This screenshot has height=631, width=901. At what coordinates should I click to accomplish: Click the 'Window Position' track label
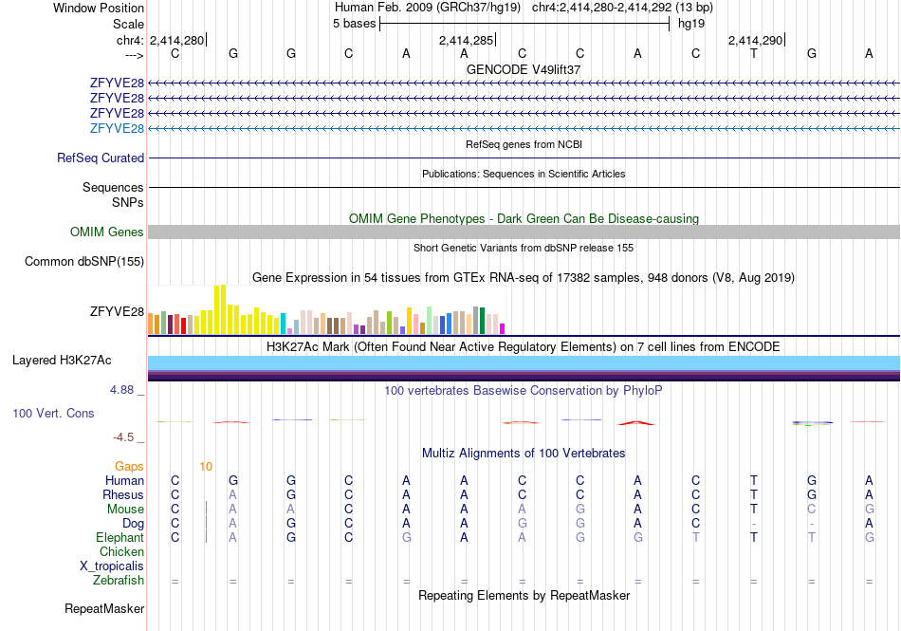click(99, 8)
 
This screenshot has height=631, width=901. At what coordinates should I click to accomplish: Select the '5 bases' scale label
click(354, 24)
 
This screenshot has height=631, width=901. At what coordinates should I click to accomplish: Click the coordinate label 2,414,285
click(466, 40)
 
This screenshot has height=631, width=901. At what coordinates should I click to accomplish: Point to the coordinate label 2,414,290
click(755, 40)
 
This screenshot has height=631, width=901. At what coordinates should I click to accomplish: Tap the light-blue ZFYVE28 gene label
click(117, 128)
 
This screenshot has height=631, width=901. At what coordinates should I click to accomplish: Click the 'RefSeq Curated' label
click(101, 158)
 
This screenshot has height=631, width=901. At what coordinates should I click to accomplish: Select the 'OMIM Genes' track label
click(107, 232)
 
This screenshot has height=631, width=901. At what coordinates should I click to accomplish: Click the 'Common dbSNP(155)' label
click(84, 262)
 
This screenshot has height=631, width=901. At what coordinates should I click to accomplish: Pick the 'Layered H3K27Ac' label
click(62, 361)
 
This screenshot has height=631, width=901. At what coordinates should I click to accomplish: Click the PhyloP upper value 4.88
click(121, 390)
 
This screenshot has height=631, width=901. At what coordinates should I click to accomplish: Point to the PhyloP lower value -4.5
click(123, 437)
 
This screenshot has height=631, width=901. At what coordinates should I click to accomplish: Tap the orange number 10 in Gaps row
click(207, 467)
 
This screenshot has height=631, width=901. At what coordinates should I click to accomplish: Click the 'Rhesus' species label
click(123, 494)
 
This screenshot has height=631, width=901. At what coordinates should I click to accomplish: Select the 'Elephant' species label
click(120, 537)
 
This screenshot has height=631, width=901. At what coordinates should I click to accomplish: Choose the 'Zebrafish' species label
click(119, 581)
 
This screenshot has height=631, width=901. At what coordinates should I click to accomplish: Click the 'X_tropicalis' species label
click(112, 566)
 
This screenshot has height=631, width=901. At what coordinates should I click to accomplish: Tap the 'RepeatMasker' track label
click(104, 608)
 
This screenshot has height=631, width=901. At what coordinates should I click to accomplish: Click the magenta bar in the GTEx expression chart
click(503, 329)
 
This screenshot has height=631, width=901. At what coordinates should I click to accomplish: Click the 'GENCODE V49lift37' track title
click(524, 69)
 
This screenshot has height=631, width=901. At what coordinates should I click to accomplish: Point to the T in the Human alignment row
click(754, 480)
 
